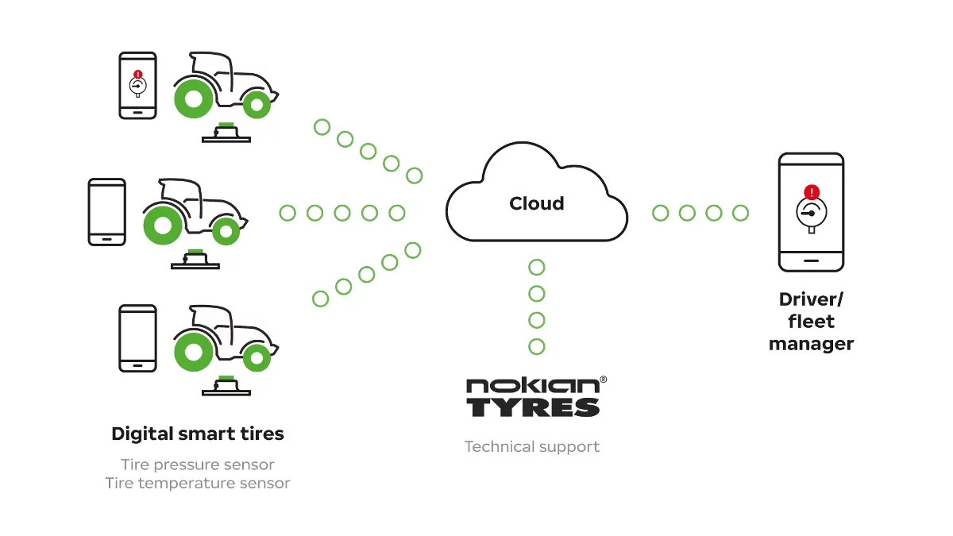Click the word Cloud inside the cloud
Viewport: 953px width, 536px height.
pos(537,203)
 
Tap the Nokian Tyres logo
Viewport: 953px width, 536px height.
pos(533,397)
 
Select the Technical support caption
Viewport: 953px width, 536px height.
pos(532,446)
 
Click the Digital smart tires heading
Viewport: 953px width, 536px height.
pos(198,434)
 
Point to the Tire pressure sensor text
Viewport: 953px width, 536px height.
pos(198,465)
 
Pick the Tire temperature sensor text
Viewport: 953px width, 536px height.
pos(198,483)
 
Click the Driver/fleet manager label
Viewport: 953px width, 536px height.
pos(811,321)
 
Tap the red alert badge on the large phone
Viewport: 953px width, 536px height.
pos(811,192)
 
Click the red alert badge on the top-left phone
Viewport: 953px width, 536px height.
pos(137,75)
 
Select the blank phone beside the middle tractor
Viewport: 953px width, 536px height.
pos(106,211)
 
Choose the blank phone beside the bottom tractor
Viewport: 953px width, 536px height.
pos(137,337)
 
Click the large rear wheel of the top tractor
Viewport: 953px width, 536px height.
pos(193,99)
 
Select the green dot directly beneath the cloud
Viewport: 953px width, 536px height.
pos(537,267)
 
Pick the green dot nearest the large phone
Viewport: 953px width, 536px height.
pos(740,213)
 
